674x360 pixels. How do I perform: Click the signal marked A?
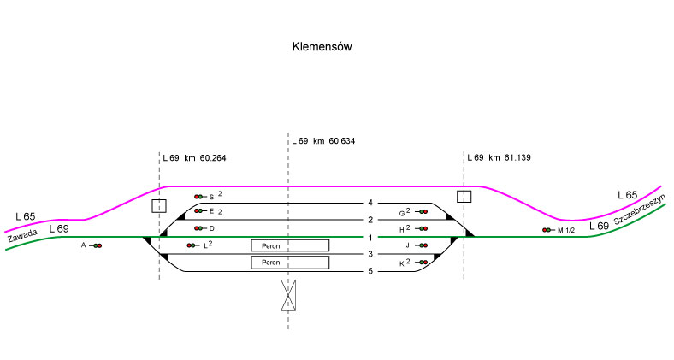pyautogui.click(x=97, y=246)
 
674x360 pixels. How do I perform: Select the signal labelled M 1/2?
pyautogui.click(x=547, y=230)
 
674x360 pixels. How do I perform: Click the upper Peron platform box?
pyautogui.click(x=290, y=245)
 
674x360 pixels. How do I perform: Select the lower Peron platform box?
pyautogui.click(x=290, y=263)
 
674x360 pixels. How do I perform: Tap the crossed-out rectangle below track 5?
pyautogui.click(x=288, y=294)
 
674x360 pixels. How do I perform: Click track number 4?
pyautogui.click(x=370, y=203)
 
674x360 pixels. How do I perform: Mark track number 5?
pyautogui.click(x=370, y=272)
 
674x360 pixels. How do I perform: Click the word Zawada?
pyautogui.click(x=22, y=238)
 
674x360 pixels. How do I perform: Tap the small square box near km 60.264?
pyautogui.click(x=158, y=205)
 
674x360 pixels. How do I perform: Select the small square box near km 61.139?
pyautogui.click(x=464, y=197)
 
